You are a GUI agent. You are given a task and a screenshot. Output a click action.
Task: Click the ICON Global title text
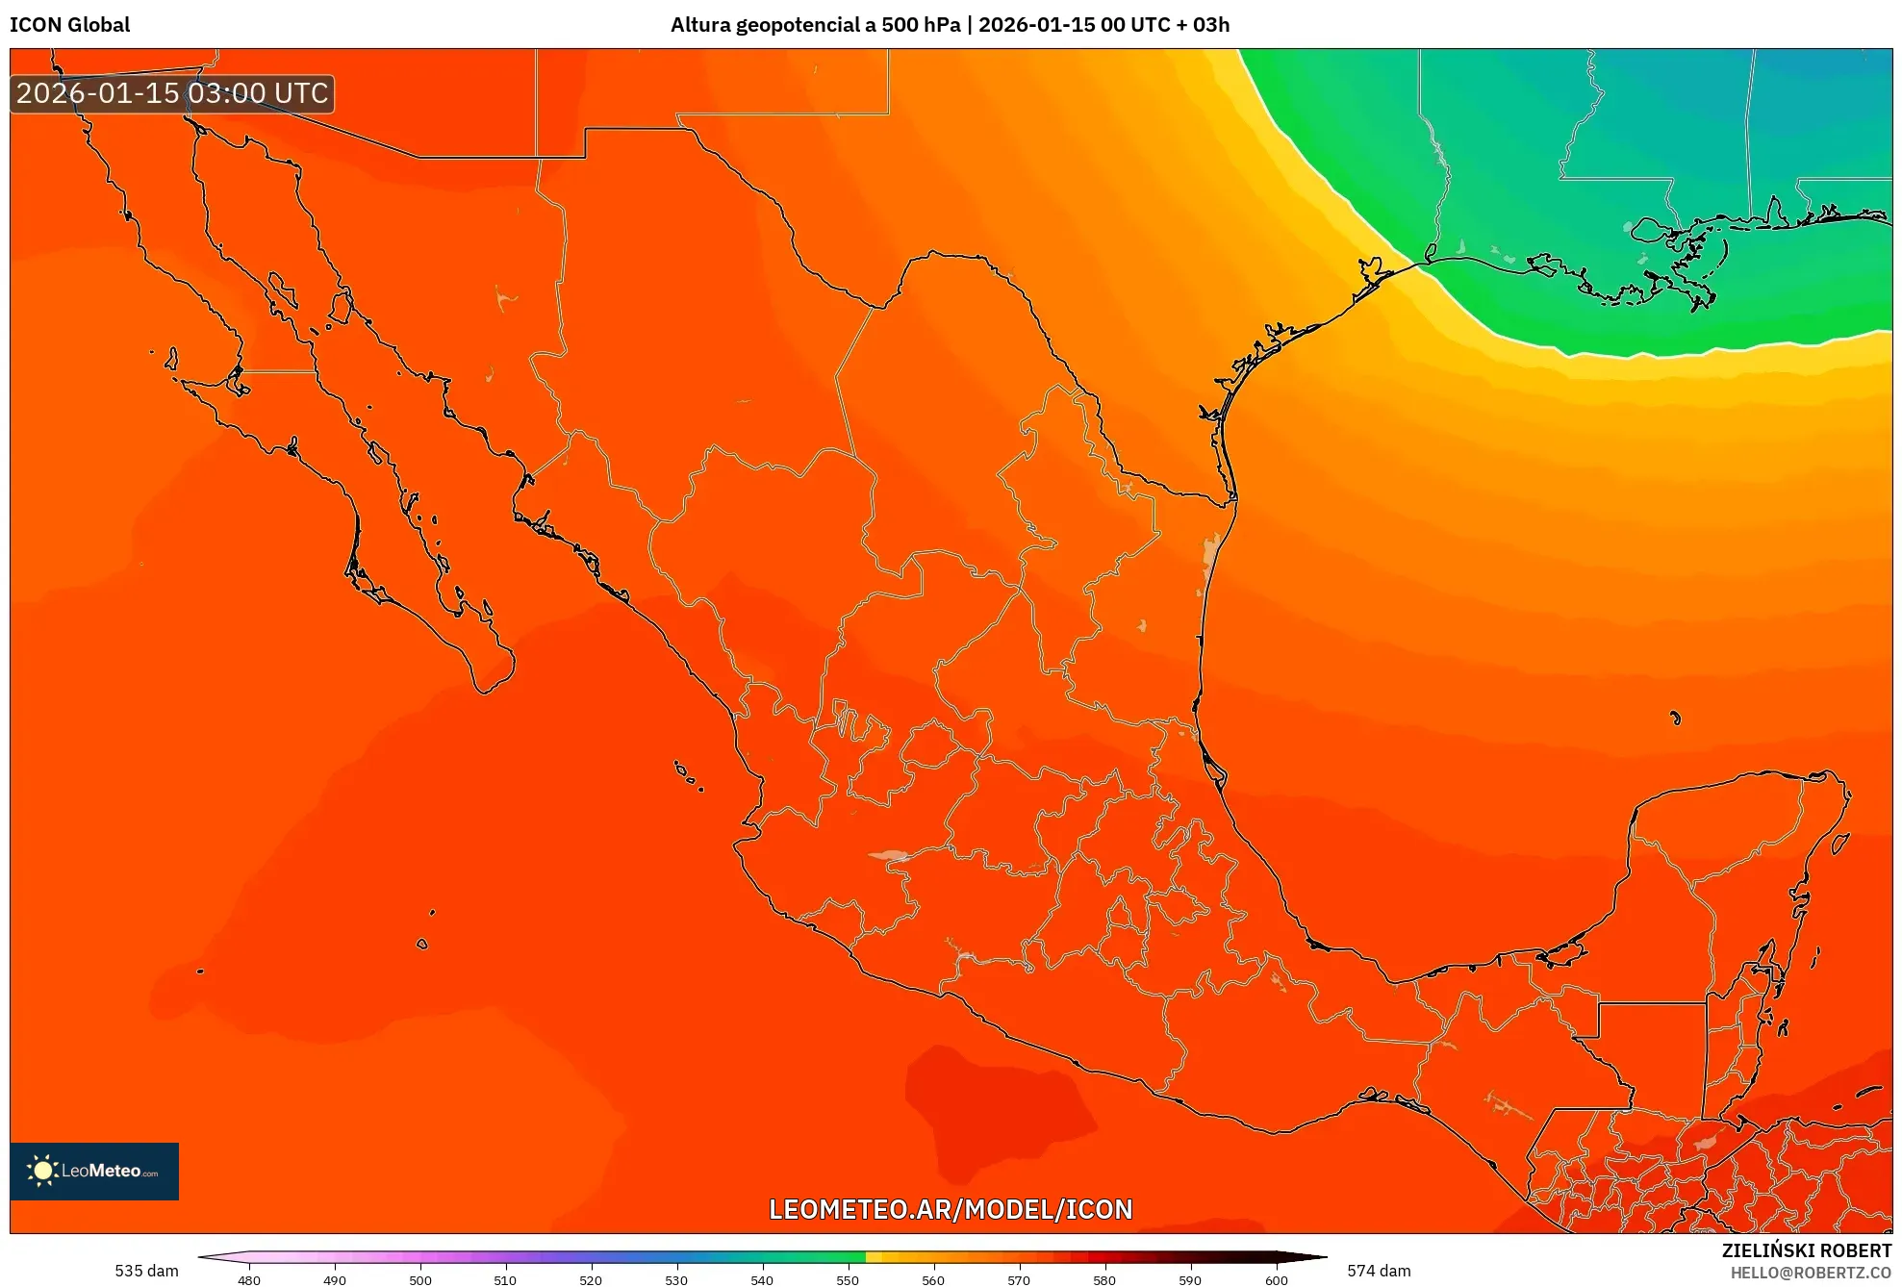coord(69,25)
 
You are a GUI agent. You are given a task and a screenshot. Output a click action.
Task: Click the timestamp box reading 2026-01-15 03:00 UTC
coord(172,93)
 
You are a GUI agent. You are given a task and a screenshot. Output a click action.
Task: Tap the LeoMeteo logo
coord(94,1171)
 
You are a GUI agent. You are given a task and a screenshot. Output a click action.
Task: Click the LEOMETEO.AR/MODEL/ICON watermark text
coord(951,1209)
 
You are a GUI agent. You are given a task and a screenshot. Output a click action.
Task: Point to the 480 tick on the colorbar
coord(249,1279)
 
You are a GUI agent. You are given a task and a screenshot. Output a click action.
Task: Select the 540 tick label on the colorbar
coord(762,1279)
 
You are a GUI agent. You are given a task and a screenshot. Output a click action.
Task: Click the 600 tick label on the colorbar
coord(1276,1279)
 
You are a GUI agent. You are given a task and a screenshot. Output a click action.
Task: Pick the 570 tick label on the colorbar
coord(1019,1279)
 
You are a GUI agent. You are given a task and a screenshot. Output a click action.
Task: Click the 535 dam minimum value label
coord(146,1271)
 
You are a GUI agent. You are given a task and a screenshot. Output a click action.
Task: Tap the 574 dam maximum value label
coord(1379,1271)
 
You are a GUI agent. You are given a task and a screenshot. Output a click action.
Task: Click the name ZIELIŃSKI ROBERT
coord(1806,1250)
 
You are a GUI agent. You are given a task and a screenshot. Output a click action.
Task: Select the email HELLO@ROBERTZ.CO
coord(1811,1273)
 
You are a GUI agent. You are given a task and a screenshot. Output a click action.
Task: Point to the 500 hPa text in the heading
coord(921,25)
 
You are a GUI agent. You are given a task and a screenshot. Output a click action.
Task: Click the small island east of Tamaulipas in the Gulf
coord(1675,718)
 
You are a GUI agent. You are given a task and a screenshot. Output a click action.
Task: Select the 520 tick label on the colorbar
coord(591,1279)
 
